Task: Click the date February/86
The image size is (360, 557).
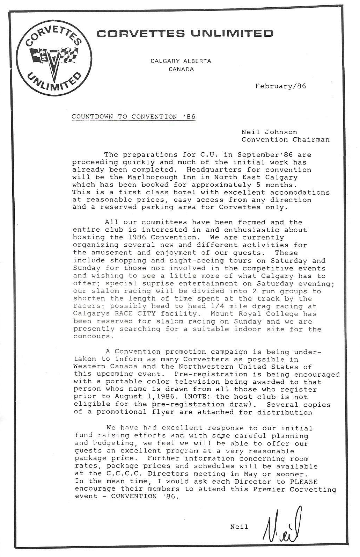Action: click(280, 86)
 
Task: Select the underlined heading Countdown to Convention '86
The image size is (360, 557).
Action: click(133, 117)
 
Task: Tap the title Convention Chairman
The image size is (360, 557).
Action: click(285, 140)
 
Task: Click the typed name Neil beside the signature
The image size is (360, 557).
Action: click(239, 527)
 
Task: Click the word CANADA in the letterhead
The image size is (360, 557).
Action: click(181, 69)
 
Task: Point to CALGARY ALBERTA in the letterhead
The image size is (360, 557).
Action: click(181, 61)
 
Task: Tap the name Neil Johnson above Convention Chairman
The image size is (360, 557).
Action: click(269, 132)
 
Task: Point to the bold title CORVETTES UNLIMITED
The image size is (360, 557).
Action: click(185, 34)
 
